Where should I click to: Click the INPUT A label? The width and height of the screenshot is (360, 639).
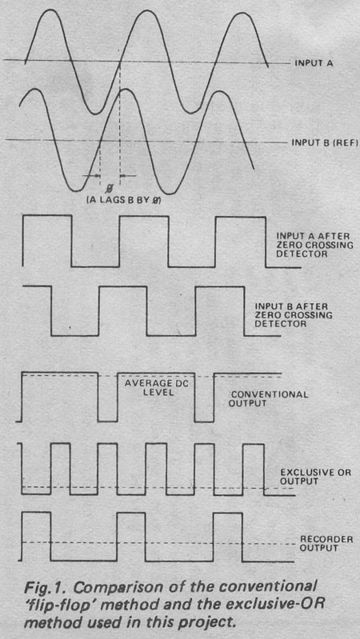tap(314, 63)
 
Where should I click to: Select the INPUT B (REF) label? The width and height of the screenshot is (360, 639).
tap(325, 143)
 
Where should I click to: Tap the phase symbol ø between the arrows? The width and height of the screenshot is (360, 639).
tap(110, 188)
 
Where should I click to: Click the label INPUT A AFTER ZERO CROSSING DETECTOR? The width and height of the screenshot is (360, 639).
tap(314, 245)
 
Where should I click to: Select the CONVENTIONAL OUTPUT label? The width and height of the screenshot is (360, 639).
tap(268, 399)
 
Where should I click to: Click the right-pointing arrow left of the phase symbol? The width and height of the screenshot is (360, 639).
tap(91, 176)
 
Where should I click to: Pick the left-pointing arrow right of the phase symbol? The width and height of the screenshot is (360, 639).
tap(129, 176)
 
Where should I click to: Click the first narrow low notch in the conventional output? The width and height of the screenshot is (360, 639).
tap(107, 421)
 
